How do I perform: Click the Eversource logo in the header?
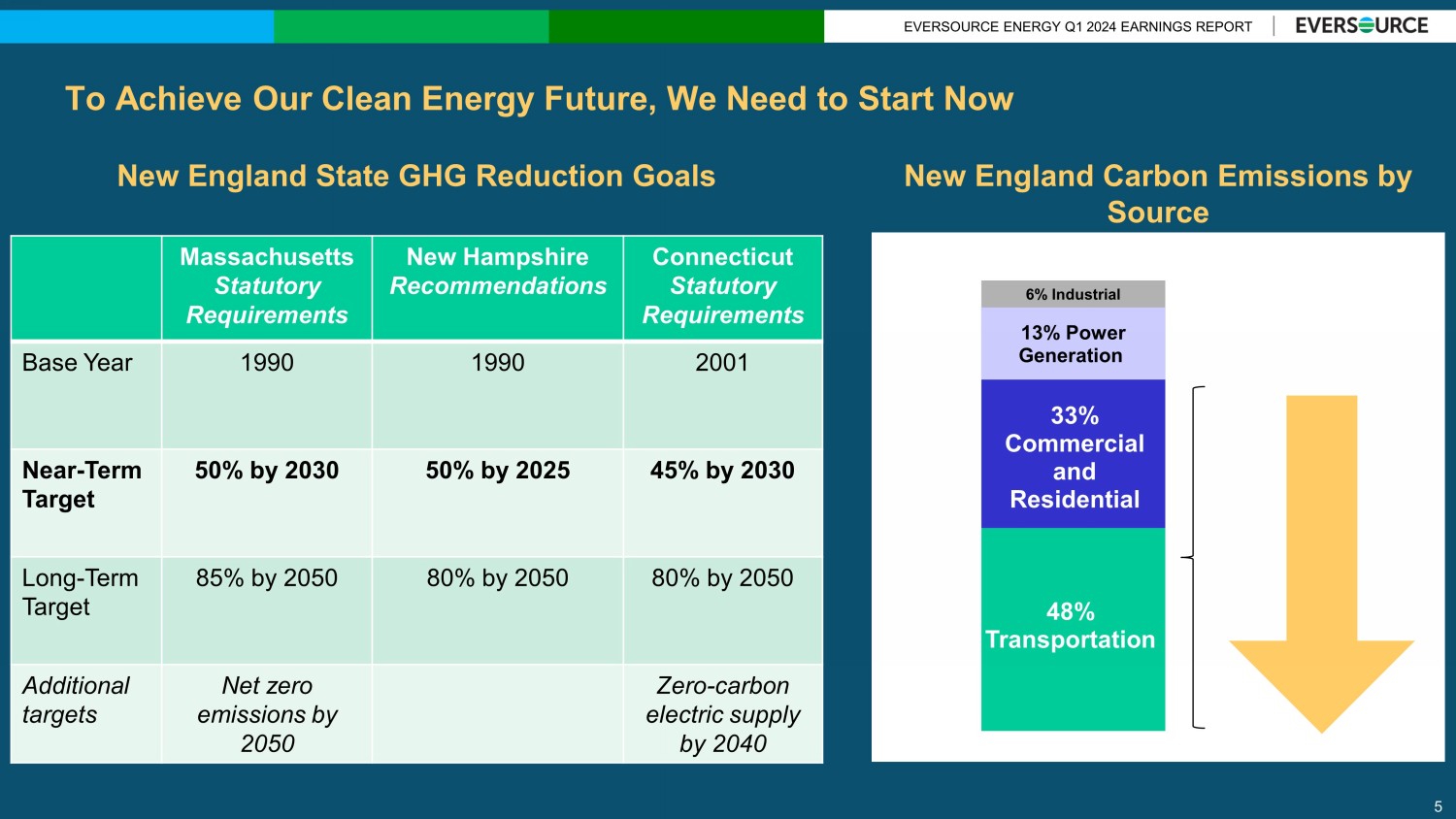pyautogui.click(x=1361, y=26)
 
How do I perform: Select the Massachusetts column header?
pyautogui.click(x=267, y=286)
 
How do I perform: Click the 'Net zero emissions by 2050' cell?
pyautogui.click(x=267, y=714)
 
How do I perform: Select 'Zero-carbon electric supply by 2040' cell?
pyautogui.click(x=723, y=714)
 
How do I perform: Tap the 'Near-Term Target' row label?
pyautogui.click(x=83, y=485)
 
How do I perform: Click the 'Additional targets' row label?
pyautogui.click(x=76, y=700)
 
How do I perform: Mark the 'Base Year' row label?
pyautogui.click(x=78, y=363)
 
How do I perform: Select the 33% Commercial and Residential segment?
pyautogui.click(x=1074, y=456)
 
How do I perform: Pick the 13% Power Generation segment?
pyautogui.click(x=1073, y=344)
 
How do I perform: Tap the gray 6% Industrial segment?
pyautogui.click(x=1073, y=294)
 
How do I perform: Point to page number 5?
pyautogui.click(x=1438, y=806)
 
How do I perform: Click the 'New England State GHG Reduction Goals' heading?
pyautogui.click(x=416, y=176)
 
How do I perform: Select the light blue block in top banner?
pyautogui.click(x=137, y=26)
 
